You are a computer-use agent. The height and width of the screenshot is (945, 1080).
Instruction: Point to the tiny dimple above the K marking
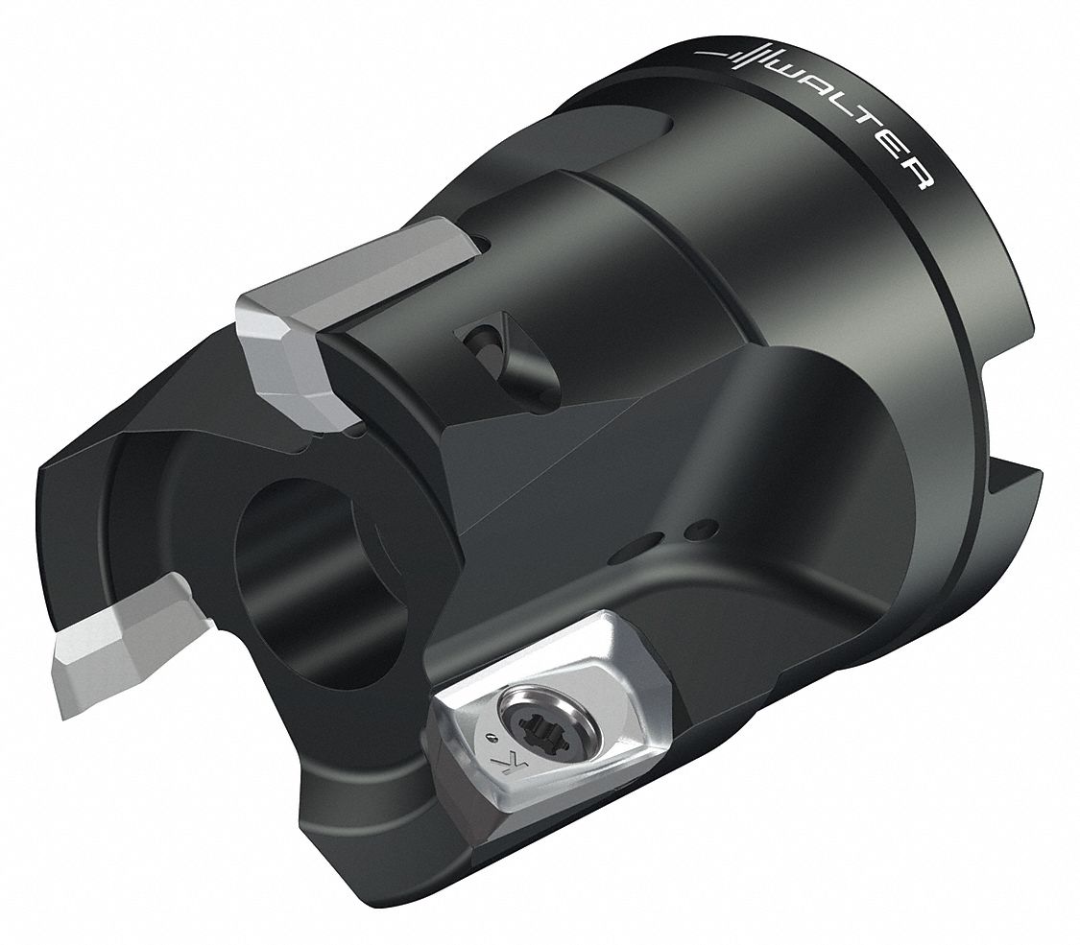coord(495,737)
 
